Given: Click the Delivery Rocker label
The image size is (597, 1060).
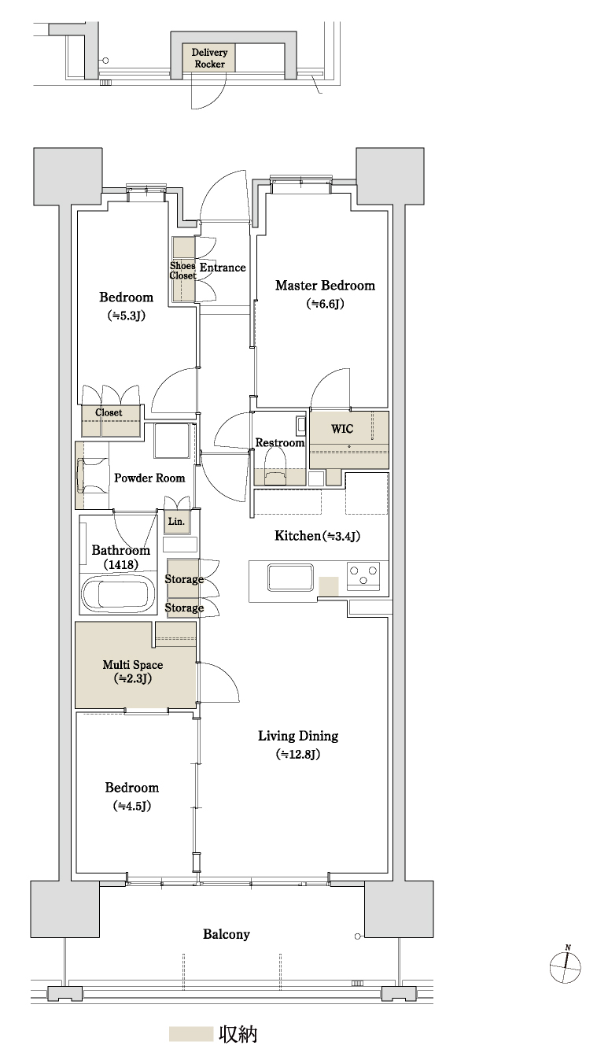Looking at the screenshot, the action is click(209, 58).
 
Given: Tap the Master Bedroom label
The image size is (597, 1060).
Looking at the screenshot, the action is click(325, 286).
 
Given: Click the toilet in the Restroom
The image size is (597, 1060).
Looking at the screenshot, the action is click(275, 466).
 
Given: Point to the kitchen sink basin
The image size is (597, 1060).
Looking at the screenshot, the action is click(290, 578).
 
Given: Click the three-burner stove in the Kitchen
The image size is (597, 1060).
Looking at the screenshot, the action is click(363, 576).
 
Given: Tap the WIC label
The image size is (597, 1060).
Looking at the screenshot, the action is click(342, 429).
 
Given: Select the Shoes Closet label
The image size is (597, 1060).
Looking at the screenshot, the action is click(182, 270).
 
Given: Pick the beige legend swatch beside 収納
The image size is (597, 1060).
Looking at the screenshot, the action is click(191, 1033).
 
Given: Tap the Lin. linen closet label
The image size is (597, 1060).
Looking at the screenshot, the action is click(176, 522).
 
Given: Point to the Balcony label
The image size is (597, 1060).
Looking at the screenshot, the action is click(226, 933).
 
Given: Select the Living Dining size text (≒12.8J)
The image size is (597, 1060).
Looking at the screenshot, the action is click(298, 754).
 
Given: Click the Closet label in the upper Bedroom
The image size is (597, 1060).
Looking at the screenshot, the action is click(109, 412).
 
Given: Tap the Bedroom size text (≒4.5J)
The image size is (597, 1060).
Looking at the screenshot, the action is click(132, 805).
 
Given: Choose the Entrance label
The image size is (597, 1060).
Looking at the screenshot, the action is click(223, 268).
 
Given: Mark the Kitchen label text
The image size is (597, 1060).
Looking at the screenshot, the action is click(297, 536).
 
